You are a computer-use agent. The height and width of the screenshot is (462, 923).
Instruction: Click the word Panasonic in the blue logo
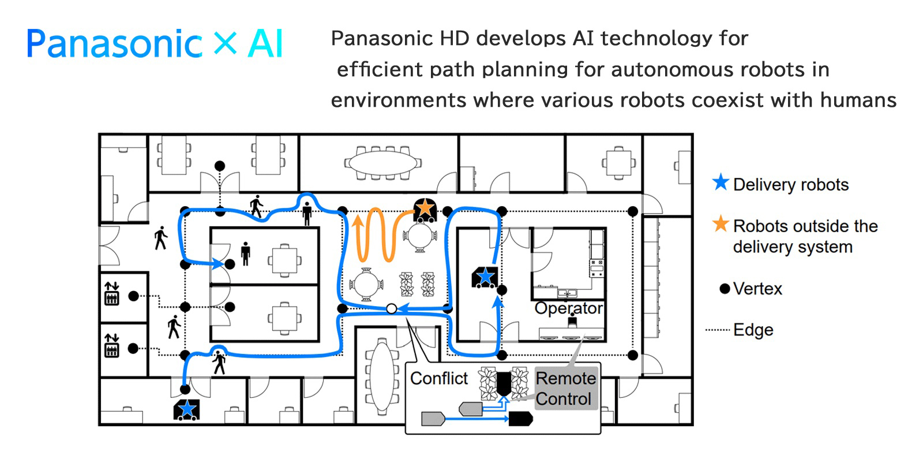pyautogui.click(x=114, y=44)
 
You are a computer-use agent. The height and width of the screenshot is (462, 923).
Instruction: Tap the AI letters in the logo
pyautogui.click(x=265, y=44)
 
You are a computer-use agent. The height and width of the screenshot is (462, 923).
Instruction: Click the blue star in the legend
pyautogui.click(x=721, y=182)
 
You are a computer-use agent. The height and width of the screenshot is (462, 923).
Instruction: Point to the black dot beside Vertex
pyautogui.click(x=725, y=288)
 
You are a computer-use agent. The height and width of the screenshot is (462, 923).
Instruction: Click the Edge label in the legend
pyautogui.click(x=753, y=330)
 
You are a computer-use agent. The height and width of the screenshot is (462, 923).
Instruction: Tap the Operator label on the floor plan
pyautogui.click(x=568, y=308)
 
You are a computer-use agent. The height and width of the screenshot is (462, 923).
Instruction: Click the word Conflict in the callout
pyautogui.click(x=439, y=378)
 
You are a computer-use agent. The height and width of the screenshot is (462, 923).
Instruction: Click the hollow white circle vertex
pyautogui.click(x=391, y=309)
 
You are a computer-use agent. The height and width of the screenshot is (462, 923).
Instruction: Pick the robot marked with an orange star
pyautogui.click(x=425, y=208)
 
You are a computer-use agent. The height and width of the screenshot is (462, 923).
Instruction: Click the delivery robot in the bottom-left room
pyautogui.click(x=186, y=409)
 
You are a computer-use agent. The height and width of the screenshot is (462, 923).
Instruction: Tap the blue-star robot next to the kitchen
pyautogui.click(x=485, y=277)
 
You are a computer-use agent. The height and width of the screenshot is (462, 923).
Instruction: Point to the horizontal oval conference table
pyautogui.click(x=382, y=163)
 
